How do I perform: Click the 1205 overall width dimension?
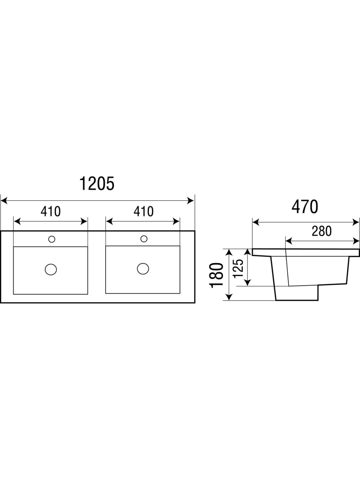pyautogui.click(x=97, y=184)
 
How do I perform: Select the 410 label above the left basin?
pyautogui.click(x=50, y=211)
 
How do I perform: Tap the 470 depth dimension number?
pyautogui.click(x=305, y=207)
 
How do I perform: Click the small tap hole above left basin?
pyautogui.click(x=52, y=239)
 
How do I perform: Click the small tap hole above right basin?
pyautogui.click(x=144, y=239)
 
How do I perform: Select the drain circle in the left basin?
pyautogui.click(x=51, y=269)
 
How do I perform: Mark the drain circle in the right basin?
pyautogui.click(x=143, y=268)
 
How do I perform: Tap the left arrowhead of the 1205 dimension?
pyautogui.click(x=4, y=201)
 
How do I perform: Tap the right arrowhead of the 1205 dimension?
pyautogui.click(x=191, y=201)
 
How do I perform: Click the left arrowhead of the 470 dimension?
pyautogui.click(x=256, y=222)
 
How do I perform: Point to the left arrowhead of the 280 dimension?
pyautogui.click(x=289, y=241)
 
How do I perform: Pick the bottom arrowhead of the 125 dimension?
pyautogui.click(x=248, y=282)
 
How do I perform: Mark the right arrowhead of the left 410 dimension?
pyautogui.click(x=84, y=221)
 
